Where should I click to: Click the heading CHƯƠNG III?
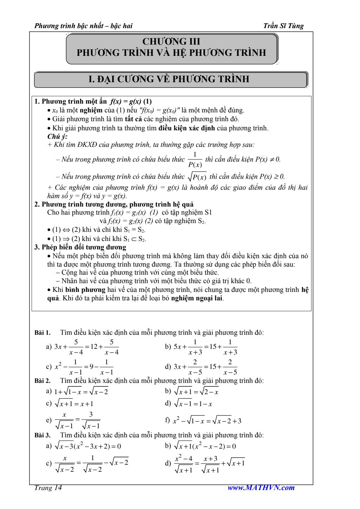pos(171,41)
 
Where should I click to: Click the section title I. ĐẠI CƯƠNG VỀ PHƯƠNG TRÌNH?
pos(169,79)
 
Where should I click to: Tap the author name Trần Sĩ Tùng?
pos(283,26)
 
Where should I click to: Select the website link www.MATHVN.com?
pos(261,488)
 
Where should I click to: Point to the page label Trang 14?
pos(48,488)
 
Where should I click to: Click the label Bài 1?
pos(43,333)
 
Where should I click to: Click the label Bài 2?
pos(43,381)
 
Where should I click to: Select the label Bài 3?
pos(43,435)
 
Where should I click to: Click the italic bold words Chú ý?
pos(57,136)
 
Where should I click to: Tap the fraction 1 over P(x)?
pos(195,159)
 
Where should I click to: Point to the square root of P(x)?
pos(197,176)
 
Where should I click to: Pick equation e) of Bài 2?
pos(77,420)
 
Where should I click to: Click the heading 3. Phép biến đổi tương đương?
pos(80,247)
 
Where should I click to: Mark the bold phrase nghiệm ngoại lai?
pos(197,298)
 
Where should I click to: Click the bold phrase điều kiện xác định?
pos(187,128)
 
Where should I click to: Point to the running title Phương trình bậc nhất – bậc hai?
pos(83,26)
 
